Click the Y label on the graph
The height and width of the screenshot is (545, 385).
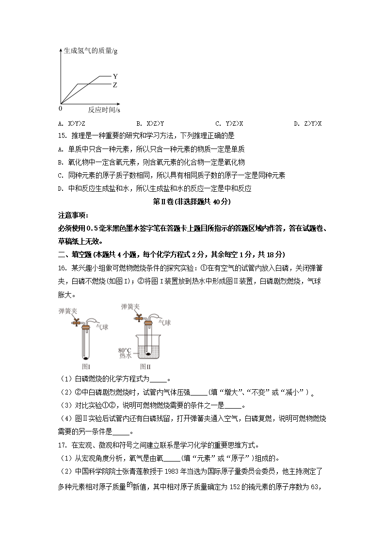[x=115, y=76]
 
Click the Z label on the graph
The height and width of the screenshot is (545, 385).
[x=115, y=85]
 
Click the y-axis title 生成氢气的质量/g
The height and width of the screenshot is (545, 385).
[x=90, y=50]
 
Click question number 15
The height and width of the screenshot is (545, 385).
[x=62, y=136]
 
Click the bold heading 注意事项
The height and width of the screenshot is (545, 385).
[x=73, y=215]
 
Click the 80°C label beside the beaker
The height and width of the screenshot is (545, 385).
[x=125, y=349]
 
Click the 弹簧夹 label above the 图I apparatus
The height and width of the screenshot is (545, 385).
[x=67, y=310]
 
